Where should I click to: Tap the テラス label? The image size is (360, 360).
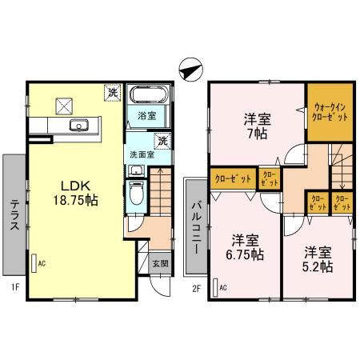pyautogui.click(x=14, y=212)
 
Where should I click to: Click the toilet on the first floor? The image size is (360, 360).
pyautogui.click(x=136, y=193)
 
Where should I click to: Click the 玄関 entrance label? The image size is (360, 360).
pyautogui.click(x=159, y=263)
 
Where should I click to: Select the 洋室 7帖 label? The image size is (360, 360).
pyautogui.click(x=256, y=126)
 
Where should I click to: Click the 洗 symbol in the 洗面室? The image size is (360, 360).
pyautogui.click(x=162, y=142)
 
